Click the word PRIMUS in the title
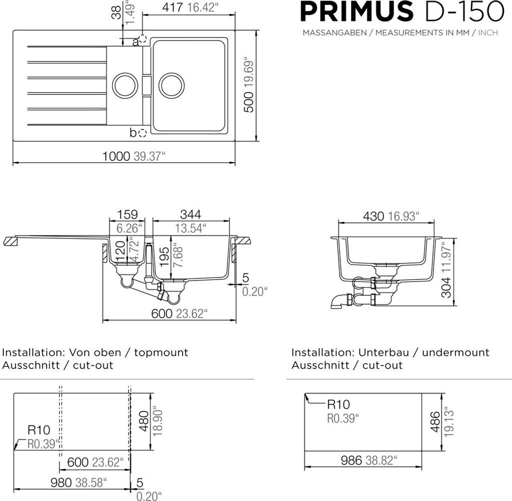pyautogui.click(x=357, y=11)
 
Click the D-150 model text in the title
pyautogui.click(x=463, y=11)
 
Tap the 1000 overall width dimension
pyautogui.click(x=116, y=156)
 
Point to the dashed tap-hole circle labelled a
pyautogui.click(x=142, y=39)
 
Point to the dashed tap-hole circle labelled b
pyautogui.click(x=142, y=133)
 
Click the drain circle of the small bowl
pyautogui.click(x=124, y=85)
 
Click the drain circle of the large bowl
pyautogui.click(x=171, y=85)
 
